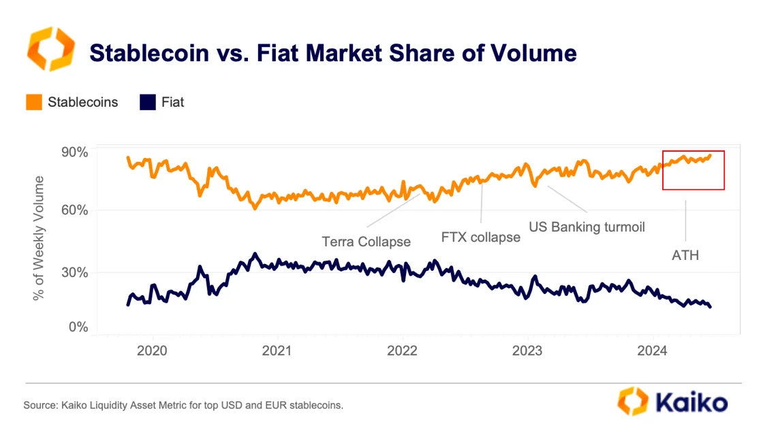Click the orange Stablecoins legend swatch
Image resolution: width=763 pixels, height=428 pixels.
point(35,103)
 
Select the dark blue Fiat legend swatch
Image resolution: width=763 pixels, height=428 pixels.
point(148,103)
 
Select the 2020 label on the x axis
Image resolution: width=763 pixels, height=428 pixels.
point(153,351)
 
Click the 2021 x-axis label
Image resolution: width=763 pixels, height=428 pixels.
point(277,351)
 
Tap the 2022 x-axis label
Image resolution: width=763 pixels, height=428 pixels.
point(402,351)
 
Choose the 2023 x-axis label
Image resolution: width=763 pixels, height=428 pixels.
point(527,351)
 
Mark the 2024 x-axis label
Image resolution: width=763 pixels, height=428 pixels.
point(652,351)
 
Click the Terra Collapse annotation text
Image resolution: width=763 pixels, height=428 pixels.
point(367,242)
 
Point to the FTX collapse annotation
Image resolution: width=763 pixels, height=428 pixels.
point(481,237)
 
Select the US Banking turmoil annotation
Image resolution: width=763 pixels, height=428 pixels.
point(587,226)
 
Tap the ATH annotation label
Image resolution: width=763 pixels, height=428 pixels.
point(685,256)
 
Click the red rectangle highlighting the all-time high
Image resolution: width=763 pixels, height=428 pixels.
point(694,171)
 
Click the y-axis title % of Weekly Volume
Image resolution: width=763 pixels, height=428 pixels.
point(39,238)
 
